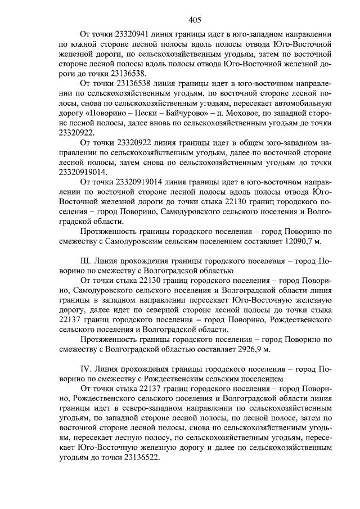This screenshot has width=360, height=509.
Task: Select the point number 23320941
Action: click(x=129, y=33)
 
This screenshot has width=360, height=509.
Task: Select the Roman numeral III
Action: click(x=86, y=262)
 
